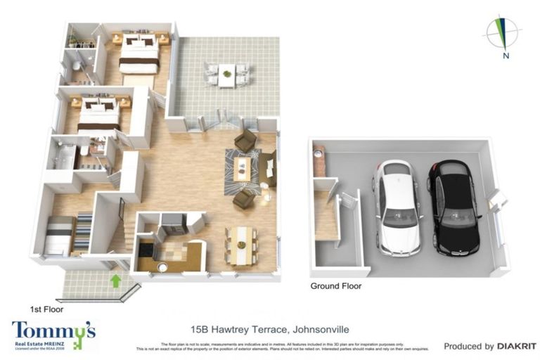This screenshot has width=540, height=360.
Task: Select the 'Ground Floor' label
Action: tap(336, 286)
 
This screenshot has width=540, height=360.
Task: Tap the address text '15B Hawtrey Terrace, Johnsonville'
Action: tap(270, 328)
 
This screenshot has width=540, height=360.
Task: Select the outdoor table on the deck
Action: tap(226, 74)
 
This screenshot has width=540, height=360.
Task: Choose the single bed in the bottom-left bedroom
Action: tap(58, 234)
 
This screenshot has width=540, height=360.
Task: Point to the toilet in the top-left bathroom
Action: tap(77, 67)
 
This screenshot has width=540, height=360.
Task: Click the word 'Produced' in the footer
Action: tap(464, 346)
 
